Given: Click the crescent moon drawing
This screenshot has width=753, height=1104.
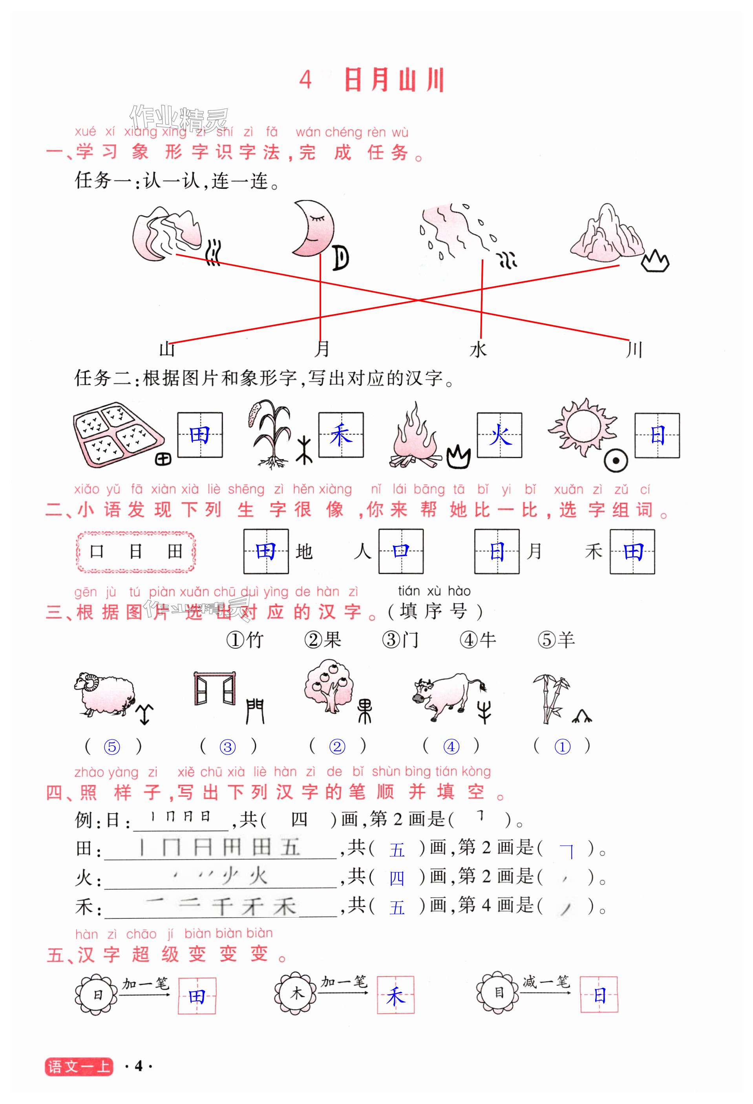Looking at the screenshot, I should (313, 228).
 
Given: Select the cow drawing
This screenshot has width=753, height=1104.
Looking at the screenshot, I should (446, 695).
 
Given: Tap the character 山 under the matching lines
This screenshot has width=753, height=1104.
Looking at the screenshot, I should (167, 350).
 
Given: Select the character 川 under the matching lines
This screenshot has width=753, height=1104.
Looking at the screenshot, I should (634, 350).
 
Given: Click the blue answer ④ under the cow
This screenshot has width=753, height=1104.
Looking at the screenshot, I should (451, 747).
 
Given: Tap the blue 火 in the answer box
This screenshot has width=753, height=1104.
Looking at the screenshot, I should (500, 435).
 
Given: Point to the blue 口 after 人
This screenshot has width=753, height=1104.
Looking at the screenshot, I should (401, 551).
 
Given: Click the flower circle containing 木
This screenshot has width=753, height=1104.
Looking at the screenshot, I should (296, 993).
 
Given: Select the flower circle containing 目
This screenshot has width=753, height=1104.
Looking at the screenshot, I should (498, 993).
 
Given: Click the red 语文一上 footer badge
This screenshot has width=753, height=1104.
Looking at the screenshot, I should (79, 1066).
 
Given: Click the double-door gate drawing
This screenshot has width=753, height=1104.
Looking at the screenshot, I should (214, 688).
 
